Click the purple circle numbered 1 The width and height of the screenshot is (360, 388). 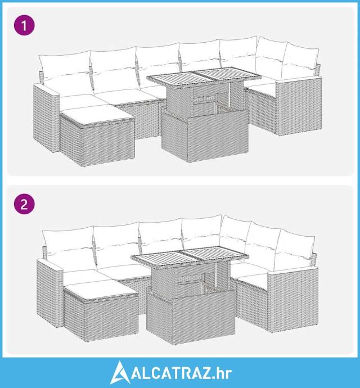point(24,25)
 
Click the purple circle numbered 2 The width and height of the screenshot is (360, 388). point(24,205)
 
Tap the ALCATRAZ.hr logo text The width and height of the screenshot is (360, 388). point(182,373)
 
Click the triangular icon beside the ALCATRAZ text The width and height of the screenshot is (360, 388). point(120,372)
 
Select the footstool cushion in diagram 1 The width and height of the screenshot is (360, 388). point(98,114)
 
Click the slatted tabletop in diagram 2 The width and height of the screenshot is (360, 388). point(190,256)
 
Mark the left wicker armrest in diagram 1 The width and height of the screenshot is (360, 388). point(46,118)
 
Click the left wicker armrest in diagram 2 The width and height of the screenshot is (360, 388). point(49,292)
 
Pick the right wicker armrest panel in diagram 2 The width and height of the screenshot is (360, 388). point(293,299)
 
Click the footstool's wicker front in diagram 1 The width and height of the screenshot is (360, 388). point(108,143)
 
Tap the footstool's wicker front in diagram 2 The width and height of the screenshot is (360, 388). point(111,318)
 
